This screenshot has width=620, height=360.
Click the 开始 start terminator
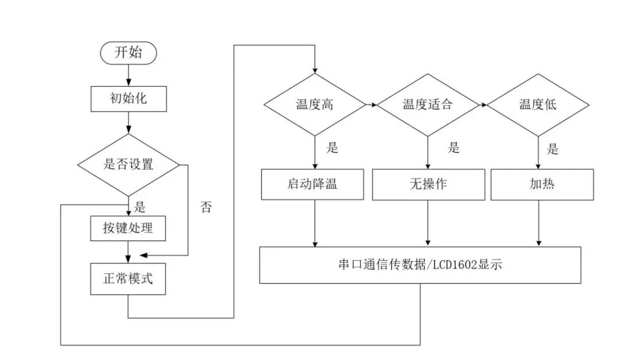(x=128, y=53)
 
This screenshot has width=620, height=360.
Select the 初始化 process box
(x=128, y=99)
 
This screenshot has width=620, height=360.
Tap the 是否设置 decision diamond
(x=128, y=164)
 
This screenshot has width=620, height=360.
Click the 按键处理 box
(x=128, y=229)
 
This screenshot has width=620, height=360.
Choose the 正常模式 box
(x=128, y=279)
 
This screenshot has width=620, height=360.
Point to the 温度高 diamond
(x=314, y=104)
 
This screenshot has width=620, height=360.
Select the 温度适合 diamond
(x=427, y=104)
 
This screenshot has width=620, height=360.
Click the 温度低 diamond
(x=538, y=104)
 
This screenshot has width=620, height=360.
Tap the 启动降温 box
(x=312, y=184)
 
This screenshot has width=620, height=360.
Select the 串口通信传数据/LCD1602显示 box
(x=421, y=265)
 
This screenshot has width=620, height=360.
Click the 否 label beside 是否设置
(x=206, y=208)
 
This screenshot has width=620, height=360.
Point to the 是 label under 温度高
(x=332, y=148)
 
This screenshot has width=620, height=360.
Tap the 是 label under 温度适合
(x=454, y=148)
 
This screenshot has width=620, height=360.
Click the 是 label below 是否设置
(x=139, y=207)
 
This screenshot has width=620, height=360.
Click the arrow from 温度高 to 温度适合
(x=371, y=105)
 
